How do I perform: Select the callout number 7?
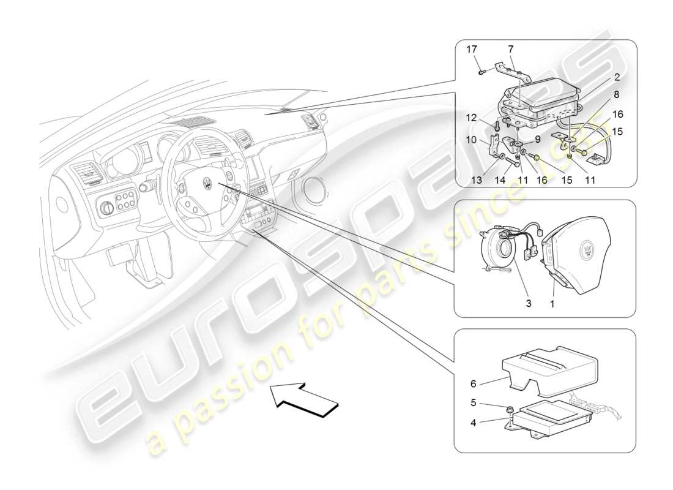point(511,49)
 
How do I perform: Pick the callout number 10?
point(472,140)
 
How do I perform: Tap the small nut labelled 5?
point(509,409)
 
